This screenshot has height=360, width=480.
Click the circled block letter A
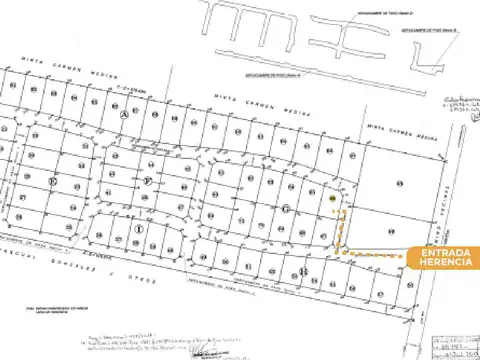click(124, 116)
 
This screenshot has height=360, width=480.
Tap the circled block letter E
click(52, 181)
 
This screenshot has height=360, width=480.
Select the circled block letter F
click(149, 181)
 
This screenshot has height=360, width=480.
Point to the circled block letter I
click(137, 228)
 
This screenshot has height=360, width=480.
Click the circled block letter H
click(304, 271)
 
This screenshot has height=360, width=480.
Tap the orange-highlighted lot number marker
click(331, 200)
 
